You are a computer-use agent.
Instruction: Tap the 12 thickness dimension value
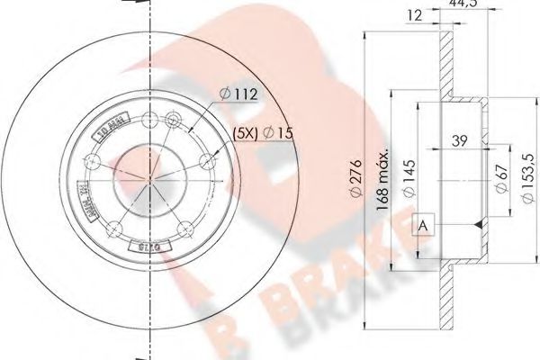click(x=414, y=13)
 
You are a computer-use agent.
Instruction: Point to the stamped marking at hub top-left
click(x=110, y=126)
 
